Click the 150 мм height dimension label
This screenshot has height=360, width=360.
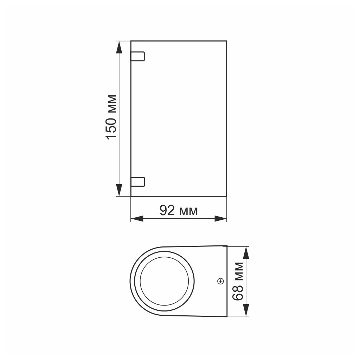111,117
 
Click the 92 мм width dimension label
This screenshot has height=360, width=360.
179,211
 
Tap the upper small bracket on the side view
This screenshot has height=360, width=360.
138,56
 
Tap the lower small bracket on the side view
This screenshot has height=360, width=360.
138,181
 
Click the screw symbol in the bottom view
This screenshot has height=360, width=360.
220,281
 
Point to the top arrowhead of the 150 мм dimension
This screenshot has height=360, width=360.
119,46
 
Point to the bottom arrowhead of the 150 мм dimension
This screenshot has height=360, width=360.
119,191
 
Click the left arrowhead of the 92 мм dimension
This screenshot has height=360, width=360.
136,219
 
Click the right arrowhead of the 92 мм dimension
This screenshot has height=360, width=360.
221,219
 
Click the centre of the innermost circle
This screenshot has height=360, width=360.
164,281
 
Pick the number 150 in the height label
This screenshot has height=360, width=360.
111,127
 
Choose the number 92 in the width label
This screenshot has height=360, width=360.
167,211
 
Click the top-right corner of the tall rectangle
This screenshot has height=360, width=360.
226,41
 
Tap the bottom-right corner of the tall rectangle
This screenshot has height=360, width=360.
226,196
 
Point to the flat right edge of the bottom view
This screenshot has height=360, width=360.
227,281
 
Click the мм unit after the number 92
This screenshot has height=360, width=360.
188,211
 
